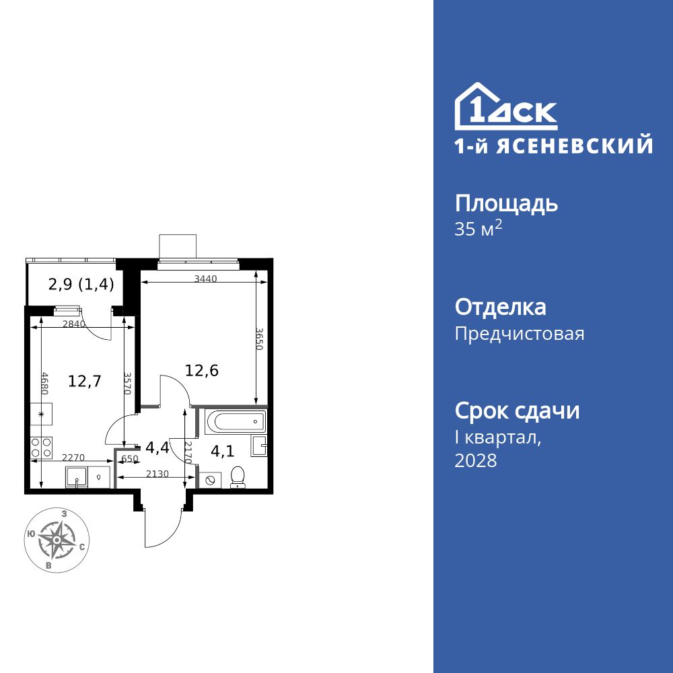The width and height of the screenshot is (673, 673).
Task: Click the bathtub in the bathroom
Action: click(236, 422)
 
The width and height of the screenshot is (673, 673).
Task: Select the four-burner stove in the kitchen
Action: click(42, 446)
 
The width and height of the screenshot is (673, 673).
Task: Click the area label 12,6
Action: click(202, 369)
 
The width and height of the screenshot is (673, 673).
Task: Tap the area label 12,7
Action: click(85, 382)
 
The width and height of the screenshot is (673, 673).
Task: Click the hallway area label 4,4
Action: click(156, 447)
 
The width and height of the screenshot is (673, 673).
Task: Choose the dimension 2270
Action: click(73, 458)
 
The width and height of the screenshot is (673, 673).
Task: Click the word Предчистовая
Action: click(520, 334)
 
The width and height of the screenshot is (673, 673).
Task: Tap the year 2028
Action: click(476, 461)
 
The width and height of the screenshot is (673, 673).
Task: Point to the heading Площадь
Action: click(506, 203)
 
